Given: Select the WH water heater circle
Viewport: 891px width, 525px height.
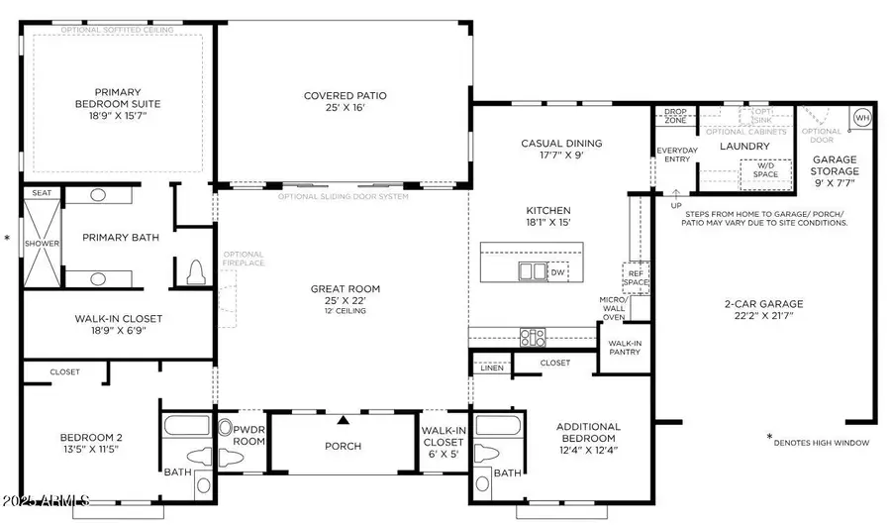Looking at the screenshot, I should click(x=861, y=117).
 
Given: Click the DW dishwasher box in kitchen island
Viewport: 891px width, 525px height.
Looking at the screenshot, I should click(x=558, y=271).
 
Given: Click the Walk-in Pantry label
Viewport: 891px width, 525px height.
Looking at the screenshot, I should click(x=626, y=348).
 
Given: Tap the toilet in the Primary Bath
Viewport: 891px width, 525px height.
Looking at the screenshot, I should click(x=195, y=269).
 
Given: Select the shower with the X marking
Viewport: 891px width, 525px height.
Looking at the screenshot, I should click(x=43, y=243).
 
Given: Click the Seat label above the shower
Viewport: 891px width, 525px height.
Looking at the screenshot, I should click(x=42, y=193).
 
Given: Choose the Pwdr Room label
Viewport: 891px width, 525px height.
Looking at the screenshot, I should click(x=248, y=435).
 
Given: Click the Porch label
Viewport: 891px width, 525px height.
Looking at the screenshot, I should click(x=344, y=446).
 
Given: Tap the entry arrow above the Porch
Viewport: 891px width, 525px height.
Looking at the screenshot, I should click(x=344, y=419).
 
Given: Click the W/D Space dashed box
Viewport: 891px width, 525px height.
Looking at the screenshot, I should click(x=765, y=170).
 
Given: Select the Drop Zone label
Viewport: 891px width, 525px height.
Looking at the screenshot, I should click(x=675, y=116).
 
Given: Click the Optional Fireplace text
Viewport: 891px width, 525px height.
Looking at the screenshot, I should click(x=243, y=261).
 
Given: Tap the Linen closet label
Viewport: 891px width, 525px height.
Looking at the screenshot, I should click(x=490, y=368).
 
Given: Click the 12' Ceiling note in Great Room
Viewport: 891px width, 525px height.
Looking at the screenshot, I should click(x=344, y=311).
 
